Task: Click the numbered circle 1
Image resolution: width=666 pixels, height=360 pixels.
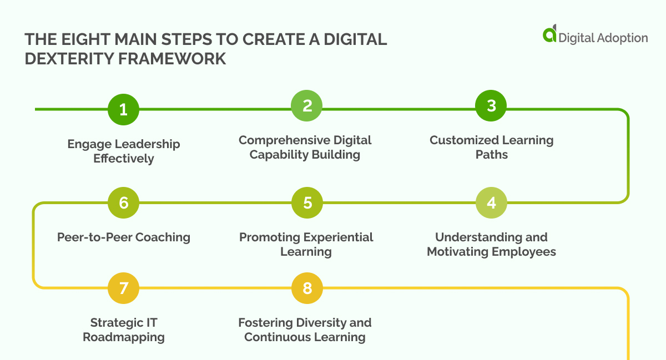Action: point(123,109)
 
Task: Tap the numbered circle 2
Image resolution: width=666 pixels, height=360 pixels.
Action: point(307,105)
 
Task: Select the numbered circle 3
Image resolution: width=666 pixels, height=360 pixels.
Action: point(491,105)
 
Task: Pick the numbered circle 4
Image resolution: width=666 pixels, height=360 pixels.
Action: point(491,203)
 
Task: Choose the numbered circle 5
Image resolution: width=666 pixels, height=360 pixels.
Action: point(307,203)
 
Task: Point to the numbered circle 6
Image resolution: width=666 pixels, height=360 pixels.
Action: point(123,203)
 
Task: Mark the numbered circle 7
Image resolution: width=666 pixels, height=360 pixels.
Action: point(123,288)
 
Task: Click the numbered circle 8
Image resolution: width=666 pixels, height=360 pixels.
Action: point(307,288)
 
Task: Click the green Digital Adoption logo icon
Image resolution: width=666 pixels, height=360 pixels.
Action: point(549,34)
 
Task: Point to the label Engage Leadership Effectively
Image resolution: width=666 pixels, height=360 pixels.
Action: point(123,151)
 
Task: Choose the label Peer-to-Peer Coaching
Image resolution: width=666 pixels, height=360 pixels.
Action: point(123,237)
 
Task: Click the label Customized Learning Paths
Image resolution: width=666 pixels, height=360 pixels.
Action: point(491,147)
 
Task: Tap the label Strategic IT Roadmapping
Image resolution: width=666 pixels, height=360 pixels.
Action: point(123,329)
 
